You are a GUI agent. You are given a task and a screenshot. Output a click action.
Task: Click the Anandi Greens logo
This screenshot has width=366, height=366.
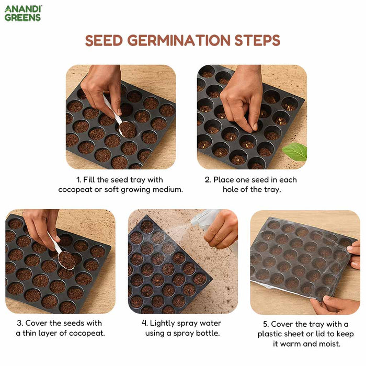[23, 14]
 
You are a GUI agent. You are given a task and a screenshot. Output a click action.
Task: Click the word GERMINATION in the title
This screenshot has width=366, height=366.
[179, 40]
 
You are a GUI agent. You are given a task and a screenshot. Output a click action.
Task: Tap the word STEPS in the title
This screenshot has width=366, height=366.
[257, 40]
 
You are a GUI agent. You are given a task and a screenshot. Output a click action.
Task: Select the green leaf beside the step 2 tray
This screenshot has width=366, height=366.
[295, 152]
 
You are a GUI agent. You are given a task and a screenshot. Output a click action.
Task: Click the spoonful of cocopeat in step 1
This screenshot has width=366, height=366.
[127, 129]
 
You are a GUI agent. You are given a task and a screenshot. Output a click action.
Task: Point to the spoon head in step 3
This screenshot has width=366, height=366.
[66, 260]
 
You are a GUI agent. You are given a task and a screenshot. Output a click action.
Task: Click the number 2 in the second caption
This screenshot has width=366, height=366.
[208, 180]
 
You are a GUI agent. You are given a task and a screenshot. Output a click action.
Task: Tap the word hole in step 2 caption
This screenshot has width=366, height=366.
[231, 189]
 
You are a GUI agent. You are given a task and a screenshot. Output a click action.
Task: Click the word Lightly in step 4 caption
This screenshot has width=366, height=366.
[163, 323]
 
